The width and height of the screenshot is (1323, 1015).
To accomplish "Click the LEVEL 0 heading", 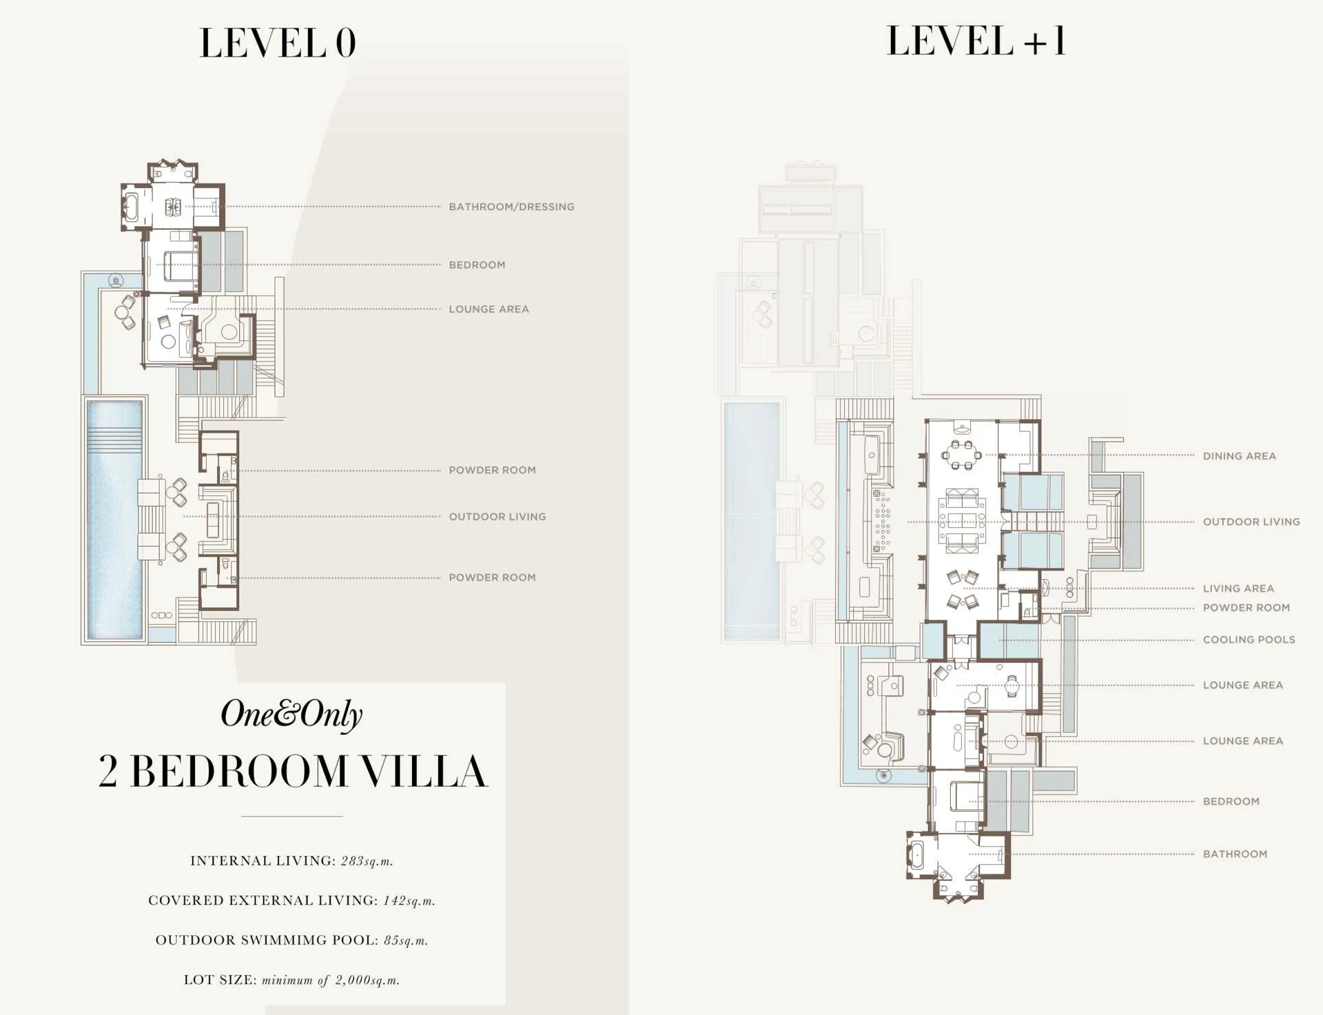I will (278, 43).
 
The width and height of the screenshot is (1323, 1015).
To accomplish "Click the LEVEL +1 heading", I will (976, 41).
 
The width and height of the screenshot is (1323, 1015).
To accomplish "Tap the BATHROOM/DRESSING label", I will (511, 207).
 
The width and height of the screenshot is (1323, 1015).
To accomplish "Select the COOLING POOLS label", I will (1249, 639).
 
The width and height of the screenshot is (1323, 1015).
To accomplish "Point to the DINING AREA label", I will (1239, 456).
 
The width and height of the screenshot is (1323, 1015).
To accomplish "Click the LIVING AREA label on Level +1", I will (1238, 588).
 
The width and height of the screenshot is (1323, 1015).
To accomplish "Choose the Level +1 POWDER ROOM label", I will (1246, 608).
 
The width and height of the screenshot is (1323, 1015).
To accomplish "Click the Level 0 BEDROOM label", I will (477, 265).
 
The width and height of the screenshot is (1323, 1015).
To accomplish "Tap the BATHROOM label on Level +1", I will (1235, 854).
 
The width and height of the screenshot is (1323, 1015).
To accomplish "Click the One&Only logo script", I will (291, 715).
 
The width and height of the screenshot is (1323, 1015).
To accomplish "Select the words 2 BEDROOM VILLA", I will (292, 771).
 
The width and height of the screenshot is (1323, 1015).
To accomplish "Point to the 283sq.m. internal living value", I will (367, 861).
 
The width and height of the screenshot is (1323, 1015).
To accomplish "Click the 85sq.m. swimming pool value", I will (406, 940).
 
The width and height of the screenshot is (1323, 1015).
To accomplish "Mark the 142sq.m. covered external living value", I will (409, 901).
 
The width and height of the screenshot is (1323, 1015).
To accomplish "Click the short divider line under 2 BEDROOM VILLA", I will (291, 817).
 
